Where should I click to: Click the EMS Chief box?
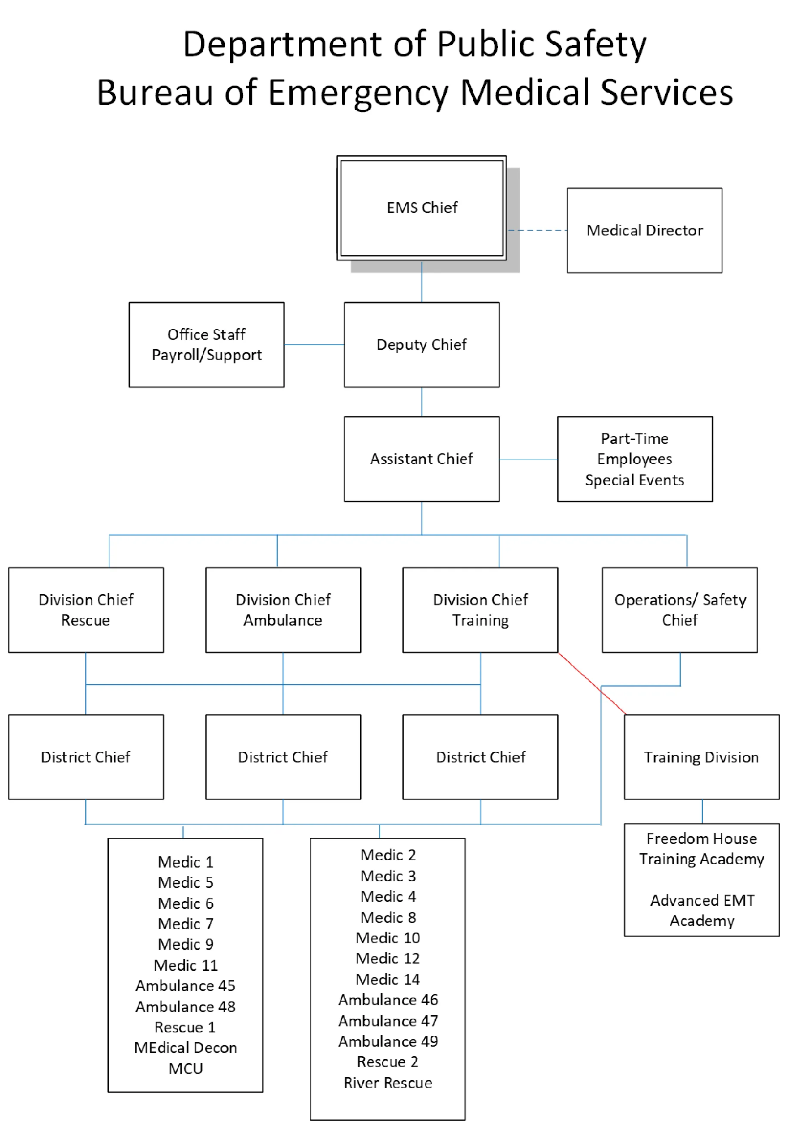pos(421,208)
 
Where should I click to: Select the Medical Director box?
pos(644,230)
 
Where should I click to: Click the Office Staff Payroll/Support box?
pos(206,344)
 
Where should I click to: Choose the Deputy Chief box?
pos(421,344)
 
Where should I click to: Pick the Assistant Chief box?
pos(421,459)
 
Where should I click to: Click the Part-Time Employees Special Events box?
pos(634,459)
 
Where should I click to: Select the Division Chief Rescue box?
pos(86,609)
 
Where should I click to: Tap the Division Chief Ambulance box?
pos(282,609)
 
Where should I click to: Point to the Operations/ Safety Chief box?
pos(679,609)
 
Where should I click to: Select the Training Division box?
pos(701,756)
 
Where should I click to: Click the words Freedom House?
pos(701,838)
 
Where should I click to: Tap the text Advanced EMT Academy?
pos(701,910)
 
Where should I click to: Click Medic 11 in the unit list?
pos(185,965)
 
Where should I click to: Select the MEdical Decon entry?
pos(185,1047)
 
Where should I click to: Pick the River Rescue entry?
pos(387,1082)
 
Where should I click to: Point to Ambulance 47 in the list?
pos(387,1020)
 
